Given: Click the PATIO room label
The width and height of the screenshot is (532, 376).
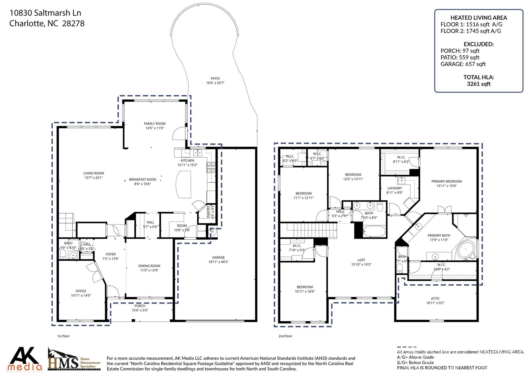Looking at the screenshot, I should [x=215, y=78].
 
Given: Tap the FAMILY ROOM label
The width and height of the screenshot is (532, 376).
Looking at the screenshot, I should [x=155, y=124].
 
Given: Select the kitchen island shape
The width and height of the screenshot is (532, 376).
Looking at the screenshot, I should [x=183, y=184].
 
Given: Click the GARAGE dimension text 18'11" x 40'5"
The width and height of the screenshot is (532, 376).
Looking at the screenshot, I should [x=218, y=262].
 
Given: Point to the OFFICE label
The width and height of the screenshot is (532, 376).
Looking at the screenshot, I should [x=81, y=291].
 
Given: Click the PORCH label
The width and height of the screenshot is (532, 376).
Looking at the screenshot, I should [x=140, y=306].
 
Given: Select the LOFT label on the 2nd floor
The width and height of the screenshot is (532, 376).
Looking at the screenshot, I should [x=361, y=260].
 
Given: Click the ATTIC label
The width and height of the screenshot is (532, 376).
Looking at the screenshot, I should [x=435, y=299].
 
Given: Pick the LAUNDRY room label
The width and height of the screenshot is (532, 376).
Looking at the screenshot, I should [x=394, y=188].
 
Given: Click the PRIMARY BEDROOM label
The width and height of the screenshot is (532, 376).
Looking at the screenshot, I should [x=446, y=181].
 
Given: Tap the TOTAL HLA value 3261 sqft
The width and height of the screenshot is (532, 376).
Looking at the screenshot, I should [x=478, y=84].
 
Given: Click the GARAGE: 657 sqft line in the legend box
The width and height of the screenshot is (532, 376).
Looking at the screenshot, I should [x=463, y=64].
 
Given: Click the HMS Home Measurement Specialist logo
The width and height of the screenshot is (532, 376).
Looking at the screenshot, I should [x=74, y=360].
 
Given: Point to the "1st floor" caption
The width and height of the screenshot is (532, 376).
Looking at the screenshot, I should [x=63, y=336].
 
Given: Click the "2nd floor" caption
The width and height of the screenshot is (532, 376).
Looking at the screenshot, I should [x=285, y=336].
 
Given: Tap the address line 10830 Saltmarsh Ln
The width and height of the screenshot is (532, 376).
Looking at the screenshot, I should [x=45, y=13].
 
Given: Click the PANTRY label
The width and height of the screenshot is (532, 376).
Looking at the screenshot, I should [x=208, y=212].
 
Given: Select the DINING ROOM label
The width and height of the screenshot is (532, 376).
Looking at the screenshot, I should [x=149, y=266].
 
